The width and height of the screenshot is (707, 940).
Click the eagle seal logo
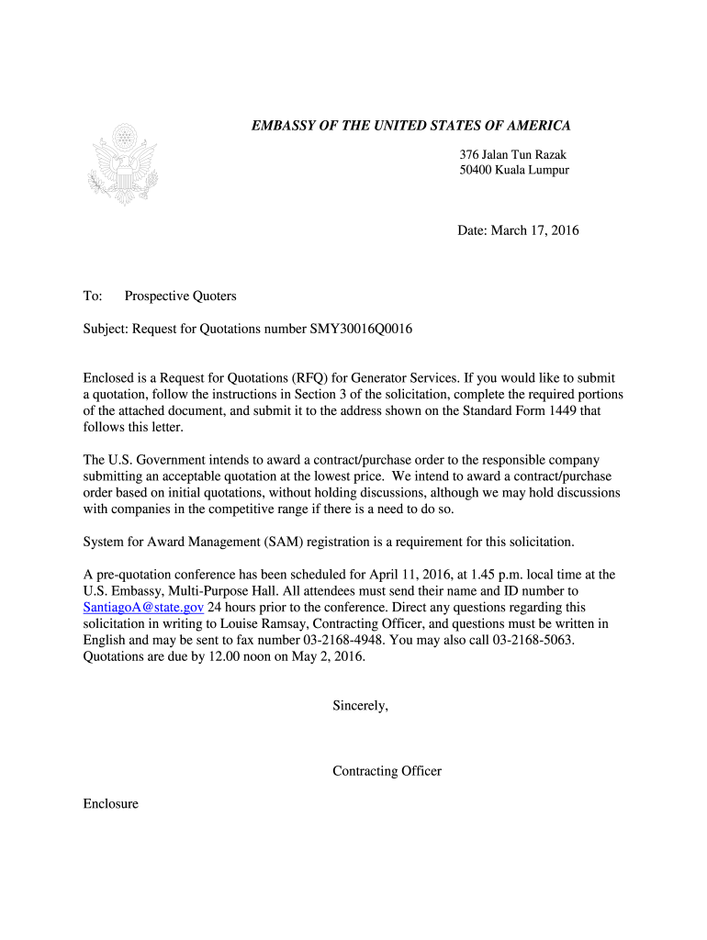tap(123, 165)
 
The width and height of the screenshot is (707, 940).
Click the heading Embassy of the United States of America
tap(411, 126)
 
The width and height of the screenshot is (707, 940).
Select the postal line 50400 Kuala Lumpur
tap(514, 171)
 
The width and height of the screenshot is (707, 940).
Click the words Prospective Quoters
tap(181, 296)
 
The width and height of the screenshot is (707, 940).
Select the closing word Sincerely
tap(360, 706)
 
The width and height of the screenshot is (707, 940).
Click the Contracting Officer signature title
tap(387, 771)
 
